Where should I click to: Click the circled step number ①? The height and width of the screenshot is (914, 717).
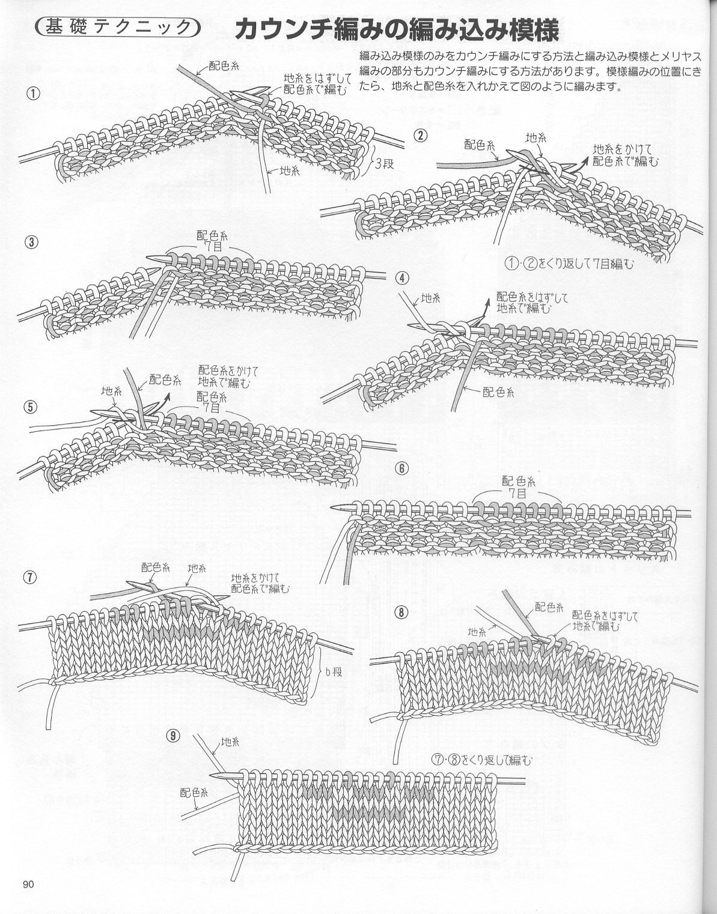click(x=33, y=93)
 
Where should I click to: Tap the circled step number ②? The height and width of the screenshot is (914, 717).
click(x=420, y=136)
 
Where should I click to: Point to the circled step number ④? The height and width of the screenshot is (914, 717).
click(x=402, y=278)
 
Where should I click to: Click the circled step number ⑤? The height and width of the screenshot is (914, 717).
click(x=31, y=407)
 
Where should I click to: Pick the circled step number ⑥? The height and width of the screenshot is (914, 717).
click(x=402, y=468)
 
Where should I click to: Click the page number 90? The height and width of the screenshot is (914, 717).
click(x=28, y=885)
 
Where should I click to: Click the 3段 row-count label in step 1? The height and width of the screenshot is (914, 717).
click(x=384, y=163)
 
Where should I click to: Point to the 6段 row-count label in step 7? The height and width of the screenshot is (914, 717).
click(x=332, y=672)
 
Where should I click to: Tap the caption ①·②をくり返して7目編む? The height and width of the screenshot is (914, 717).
click(x=569, y=264)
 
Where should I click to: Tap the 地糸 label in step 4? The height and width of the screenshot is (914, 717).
click(x=430, y=298)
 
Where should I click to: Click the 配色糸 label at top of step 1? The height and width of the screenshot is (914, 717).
click(x=224, y=66)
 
